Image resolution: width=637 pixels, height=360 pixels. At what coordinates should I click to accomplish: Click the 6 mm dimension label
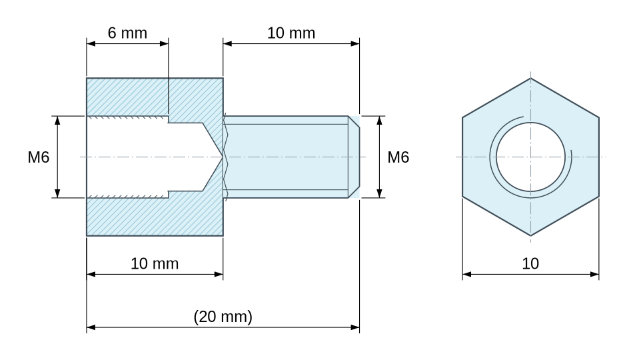pyautogui.click(x=127, y=33)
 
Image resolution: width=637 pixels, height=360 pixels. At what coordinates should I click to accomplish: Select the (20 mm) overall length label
pyautogui.click(x=223, y=316)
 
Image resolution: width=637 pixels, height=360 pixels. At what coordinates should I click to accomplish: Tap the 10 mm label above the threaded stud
pyautogui.click(x=291, y=33)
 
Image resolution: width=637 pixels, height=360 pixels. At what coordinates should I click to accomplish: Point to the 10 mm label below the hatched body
pyautogui.click(x=155, y=264)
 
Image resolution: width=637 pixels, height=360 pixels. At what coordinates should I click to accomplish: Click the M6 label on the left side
pyautogui.click(x=39, y=157)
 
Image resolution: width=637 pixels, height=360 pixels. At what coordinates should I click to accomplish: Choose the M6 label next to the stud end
pyautogui.click(x=398, y=157)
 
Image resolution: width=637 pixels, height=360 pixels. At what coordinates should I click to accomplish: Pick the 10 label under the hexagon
pyautogui.click(x=530, y=264)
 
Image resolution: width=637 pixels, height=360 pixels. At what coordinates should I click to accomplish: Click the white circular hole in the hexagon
pyautogui.click(x=530, y=157)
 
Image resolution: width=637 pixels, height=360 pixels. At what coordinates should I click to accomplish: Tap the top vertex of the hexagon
pyautogui.click(x=530, y=78)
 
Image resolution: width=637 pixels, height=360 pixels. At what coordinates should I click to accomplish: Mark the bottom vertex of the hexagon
pyautogui.click(x=530, y=235)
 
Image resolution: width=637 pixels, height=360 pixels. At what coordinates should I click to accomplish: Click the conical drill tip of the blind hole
pyautogui.click(x=223, y=157)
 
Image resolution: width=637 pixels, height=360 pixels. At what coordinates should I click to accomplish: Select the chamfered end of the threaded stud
pyautogui.click(x=354, y=157)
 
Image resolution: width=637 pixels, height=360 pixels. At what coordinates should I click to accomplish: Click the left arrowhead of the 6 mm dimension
pyautogui.click(x=91, y=43)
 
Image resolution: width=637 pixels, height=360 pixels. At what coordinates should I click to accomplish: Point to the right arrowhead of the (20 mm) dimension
pyautogui.click(x=355, y=327)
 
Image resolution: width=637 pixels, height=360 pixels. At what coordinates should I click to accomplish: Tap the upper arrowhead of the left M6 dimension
pyautogui.click(x=57, y=120)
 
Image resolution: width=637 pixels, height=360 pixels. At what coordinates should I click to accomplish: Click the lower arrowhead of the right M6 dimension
pyautogui.click(x=379, y=193)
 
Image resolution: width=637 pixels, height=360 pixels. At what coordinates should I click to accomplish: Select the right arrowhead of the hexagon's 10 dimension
pyautogui.click(x=595, y=274)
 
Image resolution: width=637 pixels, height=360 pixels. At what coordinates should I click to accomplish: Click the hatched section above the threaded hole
pyautogui.click(x=155, y=97)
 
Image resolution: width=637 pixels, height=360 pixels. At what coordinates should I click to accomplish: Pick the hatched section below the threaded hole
pyautogui.click(x=155, y=215)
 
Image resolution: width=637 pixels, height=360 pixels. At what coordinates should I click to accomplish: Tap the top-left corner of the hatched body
pyautogui.click(x=87, y=78)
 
